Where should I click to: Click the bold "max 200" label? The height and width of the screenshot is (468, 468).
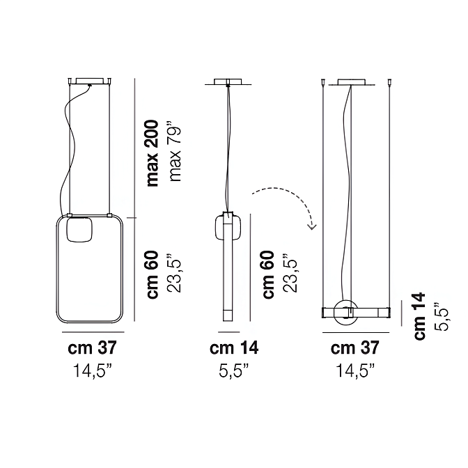(153, 153)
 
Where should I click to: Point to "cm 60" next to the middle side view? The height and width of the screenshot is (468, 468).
(268, 274)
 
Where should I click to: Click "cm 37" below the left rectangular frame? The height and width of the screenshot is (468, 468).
(92, 348)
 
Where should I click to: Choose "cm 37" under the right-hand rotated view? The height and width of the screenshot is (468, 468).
(354, 348)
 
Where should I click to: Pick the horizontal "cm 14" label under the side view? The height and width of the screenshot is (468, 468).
(234, 348)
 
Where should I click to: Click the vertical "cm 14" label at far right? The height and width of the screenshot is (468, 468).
(419, 315)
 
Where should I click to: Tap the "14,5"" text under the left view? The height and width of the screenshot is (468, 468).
(92, 370)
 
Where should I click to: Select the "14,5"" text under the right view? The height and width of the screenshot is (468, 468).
(355, 370)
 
